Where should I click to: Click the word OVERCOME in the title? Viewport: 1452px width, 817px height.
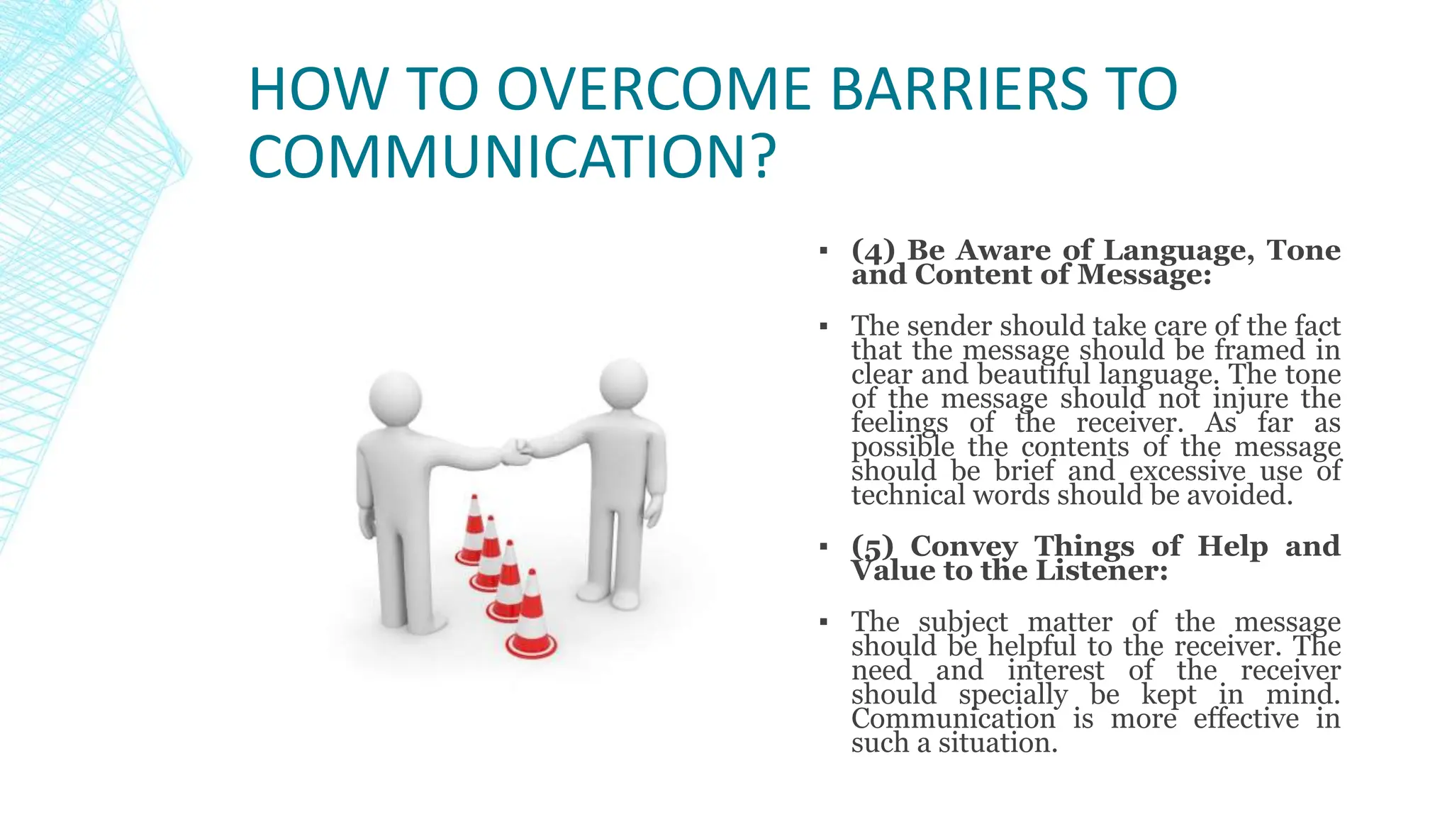[653, 89]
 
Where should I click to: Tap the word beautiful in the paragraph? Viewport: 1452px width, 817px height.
[1033, 374]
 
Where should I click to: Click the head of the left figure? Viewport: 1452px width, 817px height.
[395, 398]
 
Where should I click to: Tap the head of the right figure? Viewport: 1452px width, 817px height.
[623, 384]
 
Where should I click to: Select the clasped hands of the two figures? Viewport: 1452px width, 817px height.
[516, 452]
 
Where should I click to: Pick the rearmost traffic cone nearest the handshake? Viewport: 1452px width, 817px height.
[472, 532]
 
